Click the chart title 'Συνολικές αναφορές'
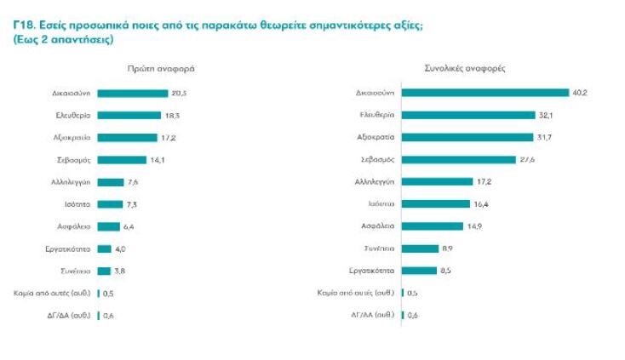tap(459, 68)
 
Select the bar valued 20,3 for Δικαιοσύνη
tap(133, 93)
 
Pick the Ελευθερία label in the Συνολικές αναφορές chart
tap(376, 115)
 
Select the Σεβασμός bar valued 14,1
tap(123, 159)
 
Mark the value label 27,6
tap(528, 159)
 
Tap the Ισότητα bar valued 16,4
tap(435, 203)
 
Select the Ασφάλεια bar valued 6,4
tap(109, 226)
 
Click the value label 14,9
tap(477, 226)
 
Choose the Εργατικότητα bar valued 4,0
tap(105, 249)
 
